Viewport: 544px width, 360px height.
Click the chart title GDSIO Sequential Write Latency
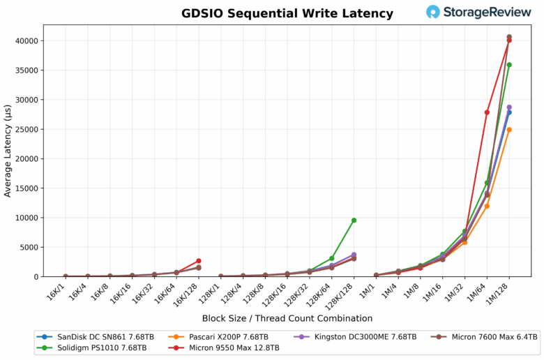coord(287,13)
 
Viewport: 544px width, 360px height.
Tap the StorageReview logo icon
coord(433,12)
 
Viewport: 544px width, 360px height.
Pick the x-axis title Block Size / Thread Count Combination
coord(287,318)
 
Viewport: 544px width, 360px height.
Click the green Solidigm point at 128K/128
coord(354,220)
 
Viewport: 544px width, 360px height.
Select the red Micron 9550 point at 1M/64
coord(487,112)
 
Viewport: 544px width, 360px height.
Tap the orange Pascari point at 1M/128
coord(509,130)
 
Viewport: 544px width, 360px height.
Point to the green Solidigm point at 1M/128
coord(509,65)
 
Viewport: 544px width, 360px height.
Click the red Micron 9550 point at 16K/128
coord(199,261)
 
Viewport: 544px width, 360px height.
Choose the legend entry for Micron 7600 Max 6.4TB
coord(488,336)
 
